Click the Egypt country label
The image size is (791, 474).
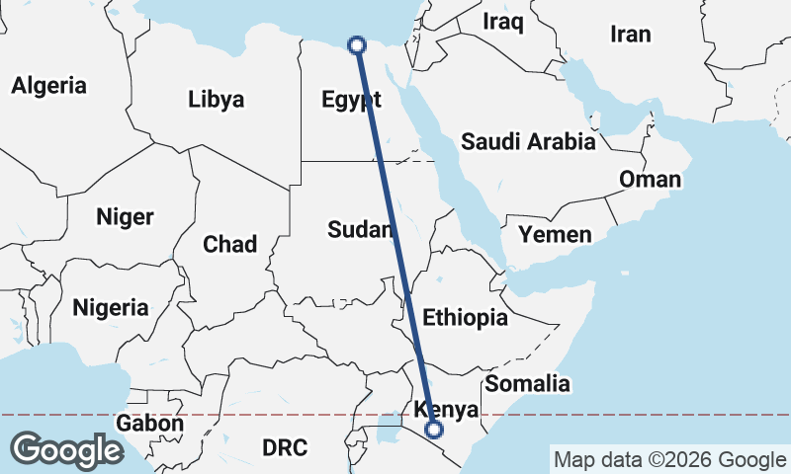point(352,99)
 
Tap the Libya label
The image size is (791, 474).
point(216,99)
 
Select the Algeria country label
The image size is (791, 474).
point(48,85)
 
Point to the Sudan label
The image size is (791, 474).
point(361,230)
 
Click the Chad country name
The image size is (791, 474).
point(229,244)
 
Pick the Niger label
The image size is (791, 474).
point(125,216)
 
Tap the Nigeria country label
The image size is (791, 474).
point(111,307)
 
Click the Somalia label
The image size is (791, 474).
point(528,383)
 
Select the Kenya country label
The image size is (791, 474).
point(447,409)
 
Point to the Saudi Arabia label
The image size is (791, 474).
point(528,141)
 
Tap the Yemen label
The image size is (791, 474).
point(555,234)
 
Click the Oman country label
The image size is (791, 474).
point(650,179)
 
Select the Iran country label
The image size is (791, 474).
point(631,35)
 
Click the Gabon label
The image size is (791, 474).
point(149,424)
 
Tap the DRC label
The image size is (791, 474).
point(285,447)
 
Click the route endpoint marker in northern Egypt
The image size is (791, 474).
point(357,43)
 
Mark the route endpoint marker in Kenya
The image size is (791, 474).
point(433,430)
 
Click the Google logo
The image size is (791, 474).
point(67,449)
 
